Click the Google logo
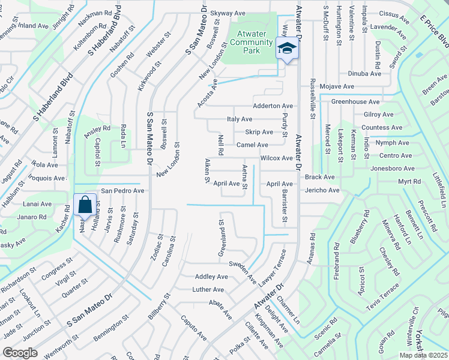[x=20, y=353]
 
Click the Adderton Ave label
[x=273, y=106]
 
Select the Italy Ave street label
[x=240, y=119]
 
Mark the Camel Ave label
[x=252, y=145]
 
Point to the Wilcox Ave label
[x=276, y=158]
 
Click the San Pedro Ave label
[x=122, y=190]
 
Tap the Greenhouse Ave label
[x=358, y=102]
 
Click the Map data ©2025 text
[x=422, y=355]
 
